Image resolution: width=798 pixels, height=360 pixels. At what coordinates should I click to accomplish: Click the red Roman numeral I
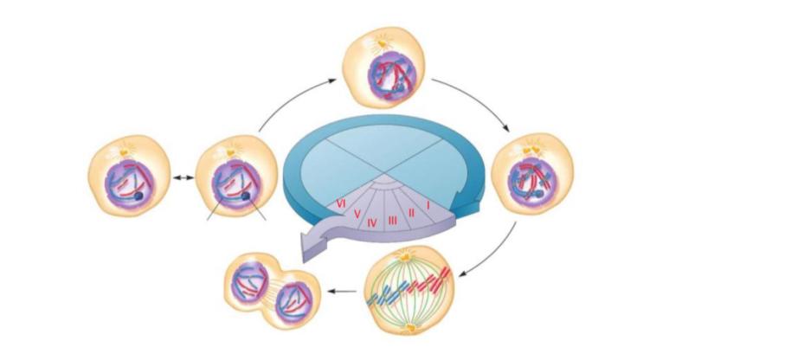[428, 206]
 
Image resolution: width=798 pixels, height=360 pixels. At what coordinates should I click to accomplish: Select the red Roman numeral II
[411, 212]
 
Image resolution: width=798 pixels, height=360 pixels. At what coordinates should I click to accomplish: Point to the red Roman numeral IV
[372, 222]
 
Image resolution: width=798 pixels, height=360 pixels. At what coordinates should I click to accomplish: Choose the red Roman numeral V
[357, 213]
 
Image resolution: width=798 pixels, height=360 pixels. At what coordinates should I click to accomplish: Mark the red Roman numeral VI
[342, 202]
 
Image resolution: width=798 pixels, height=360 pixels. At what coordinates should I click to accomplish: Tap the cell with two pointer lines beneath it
[233, 177]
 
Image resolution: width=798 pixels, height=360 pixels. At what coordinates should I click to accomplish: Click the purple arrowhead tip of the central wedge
[304, 246]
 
